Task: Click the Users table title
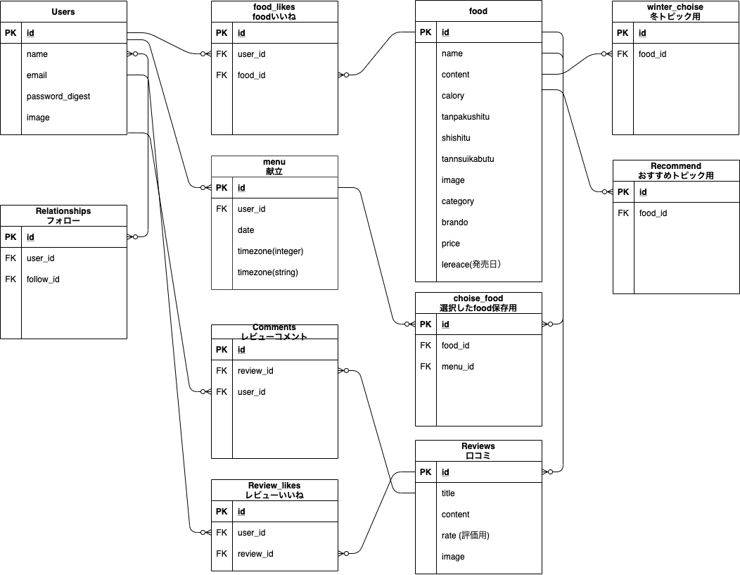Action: pos(63,12)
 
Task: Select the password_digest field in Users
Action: pos(58,96)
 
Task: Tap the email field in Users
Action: pos(37,75)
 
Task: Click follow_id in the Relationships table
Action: pos(43,279)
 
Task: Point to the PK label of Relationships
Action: pos(11,237)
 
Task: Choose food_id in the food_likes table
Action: pos(251,75)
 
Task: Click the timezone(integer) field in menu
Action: pos(270,251)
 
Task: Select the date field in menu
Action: pos(246,230)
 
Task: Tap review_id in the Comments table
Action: pos(255,371)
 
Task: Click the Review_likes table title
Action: pos(274,486)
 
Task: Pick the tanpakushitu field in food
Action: pos(466,117)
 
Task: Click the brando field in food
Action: pos(454,222)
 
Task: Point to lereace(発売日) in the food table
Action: pos(471,265)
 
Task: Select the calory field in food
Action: pos(453,96)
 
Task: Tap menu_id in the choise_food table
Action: pos(458,367)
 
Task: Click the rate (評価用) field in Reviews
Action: pos(465,536)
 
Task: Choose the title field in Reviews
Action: pos(448,493)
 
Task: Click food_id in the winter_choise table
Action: pos(652,54)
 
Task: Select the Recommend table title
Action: pos(676,166)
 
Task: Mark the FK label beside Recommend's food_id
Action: pos(623,213)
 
